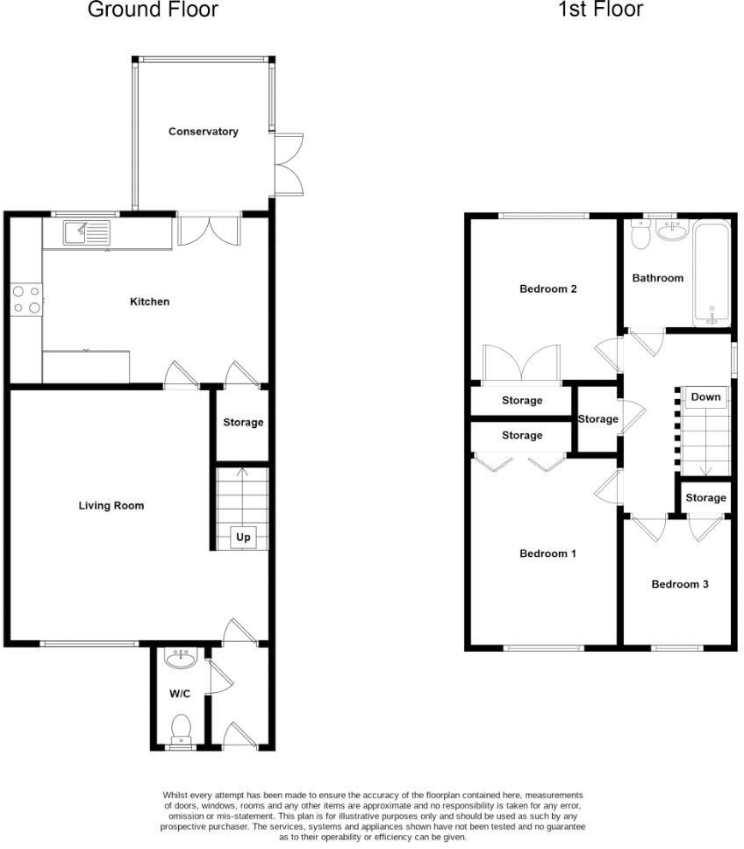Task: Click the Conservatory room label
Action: (204, 132)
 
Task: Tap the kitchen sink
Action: (86, 232)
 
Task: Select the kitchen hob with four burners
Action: (25, 299)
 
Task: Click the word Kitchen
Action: (150, 302)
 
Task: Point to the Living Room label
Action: (111, 505)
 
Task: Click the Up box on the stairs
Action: (243, 537)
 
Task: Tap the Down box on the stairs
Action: (705, 397)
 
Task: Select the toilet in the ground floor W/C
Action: (182, 728)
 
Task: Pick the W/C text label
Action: (180, 694)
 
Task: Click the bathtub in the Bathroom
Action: (711, 272)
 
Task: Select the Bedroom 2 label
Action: (547, 289)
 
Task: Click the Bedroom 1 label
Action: (547, 553)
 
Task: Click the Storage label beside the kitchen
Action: (243, 423)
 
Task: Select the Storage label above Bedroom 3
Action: (705, 498)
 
